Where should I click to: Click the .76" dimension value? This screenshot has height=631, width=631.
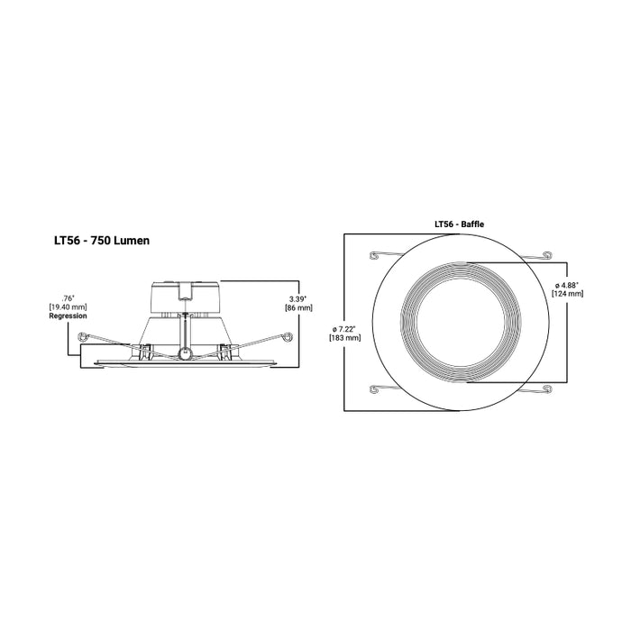coord(67,297)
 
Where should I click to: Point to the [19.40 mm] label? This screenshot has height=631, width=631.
coord(68,307)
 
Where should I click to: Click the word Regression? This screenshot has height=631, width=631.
coord(68,317)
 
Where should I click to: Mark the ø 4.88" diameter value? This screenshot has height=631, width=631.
coord(567,285)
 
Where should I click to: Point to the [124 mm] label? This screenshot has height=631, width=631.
coord(567,295)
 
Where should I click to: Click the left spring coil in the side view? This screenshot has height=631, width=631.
coord(83,338)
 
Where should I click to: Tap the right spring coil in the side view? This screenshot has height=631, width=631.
coord(287,338)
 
